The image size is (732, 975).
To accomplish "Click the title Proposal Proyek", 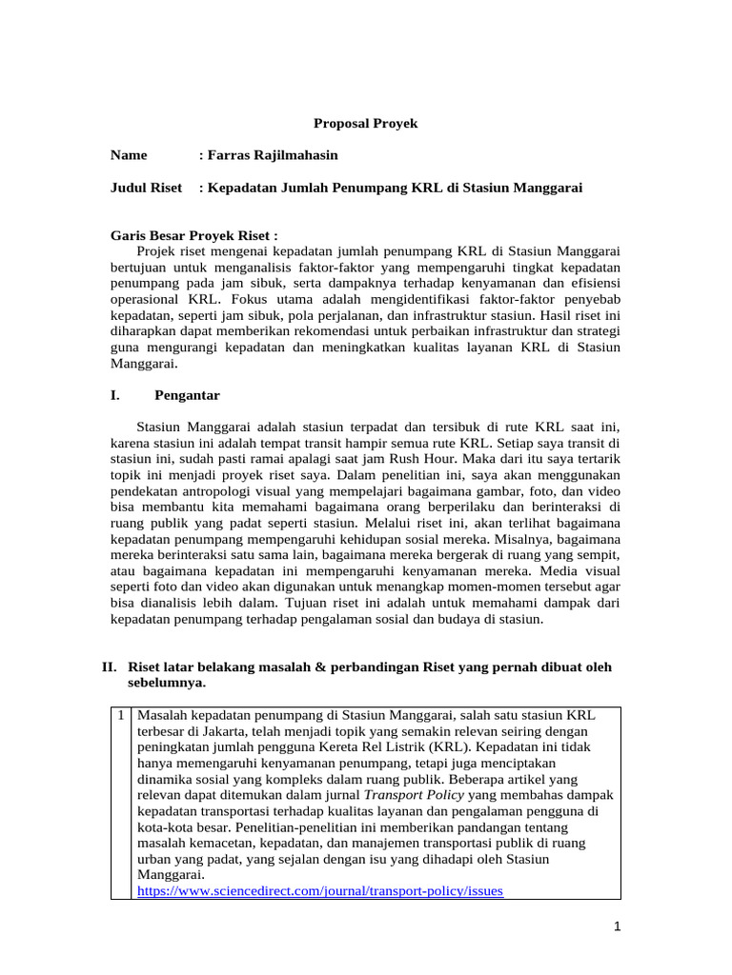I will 366,124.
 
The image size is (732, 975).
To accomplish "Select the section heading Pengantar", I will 188,394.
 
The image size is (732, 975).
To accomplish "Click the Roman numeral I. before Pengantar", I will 115,394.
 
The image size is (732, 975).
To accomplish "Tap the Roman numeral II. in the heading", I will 111,667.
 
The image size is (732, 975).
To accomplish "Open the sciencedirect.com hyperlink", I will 320,891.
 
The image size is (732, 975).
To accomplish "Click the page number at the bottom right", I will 618,926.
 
